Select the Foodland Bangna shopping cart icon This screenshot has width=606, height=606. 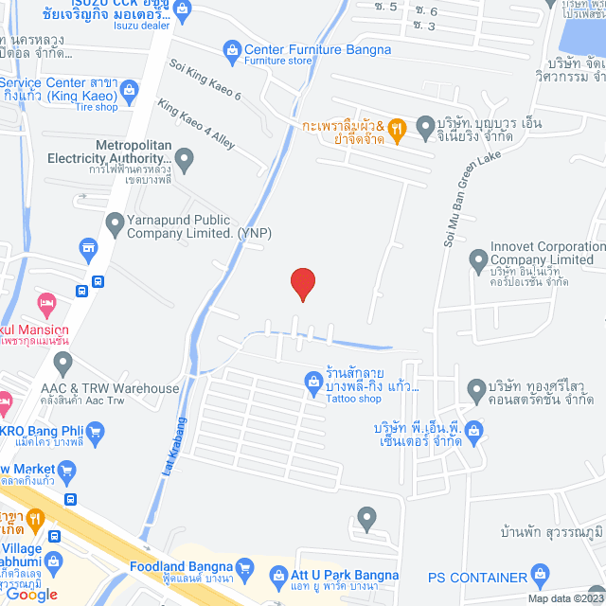pos(245,568)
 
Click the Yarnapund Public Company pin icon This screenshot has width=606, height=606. pos(115,224)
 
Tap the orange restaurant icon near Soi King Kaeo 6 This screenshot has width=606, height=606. pos(399,126)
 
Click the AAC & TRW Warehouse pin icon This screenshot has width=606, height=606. pos(63,362)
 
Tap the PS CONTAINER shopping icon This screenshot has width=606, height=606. pos(540,573)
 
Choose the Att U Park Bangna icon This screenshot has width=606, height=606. pos(278,573)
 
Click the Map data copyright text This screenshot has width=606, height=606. pos(564,598)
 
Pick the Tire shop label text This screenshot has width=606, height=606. pos(97,106)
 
